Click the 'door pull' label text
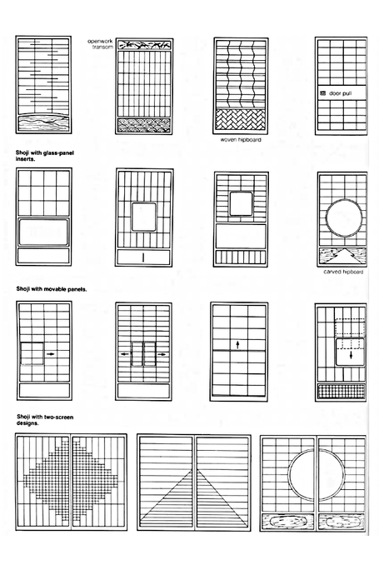click(x=340, y=93)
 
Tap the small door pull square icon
click(x=323, y=93)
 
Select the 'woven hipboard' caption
click(x=241, y=140)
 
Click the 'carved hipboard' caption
click(x=343, y=272)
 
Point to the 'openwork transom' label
click(x=101, y=44)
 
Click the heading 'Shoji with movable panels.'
click(x=52, y=289)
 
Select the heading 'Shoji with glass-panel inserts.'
click(x=45, y=156)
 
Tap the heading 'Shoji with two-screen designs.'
click(x=45, y=420)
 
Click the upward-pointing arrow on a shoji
click(x=237, y=345)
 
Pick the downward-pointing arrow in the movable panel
click(x=351, y=355)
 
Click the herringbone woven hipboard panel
click(x=240, y=121)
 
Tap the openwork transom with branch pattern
click(x=144, y=45)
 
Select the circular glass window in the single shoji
click(x=344, y=218)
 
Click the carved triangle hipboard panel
click(x=342, y=256)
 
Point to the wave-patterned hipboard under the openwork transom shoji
click(x=144, y=125)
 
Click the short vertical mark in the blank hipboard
click(x=143, y=257)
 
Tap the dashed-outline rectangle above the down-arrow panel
click(x=350, y=327)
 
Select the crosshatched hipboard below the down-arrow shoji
click(x=342, y=392)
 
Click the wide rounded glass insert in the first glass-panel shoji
click(x=43, y=232)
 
